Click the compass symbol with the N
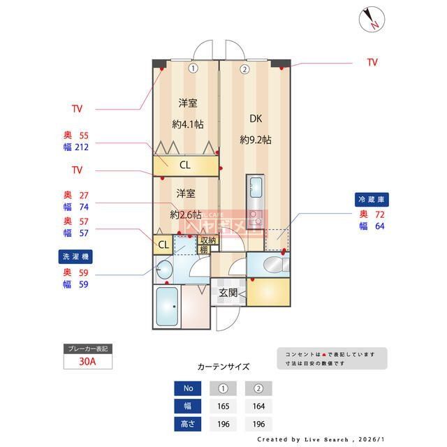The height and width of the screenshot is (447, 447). pyautogui.click(x=371, y=19)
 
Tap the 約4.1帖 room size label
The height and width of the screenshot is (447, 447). pyautogui.click(x=188, y=124)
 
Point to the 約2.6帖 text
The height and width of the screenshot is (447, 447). pyautogui.click(x=186, y=214)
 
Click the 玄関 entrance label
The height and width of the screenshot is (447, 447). pyautogui.click(x=228, y=293)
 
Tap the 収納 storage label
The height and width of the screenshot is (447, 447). pyautogui.click(x=208, y=241)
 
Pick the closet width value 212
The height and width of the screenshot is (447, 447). pyautogui.click(x=82, y=147)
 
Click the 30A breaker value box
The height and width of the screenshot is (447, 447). pyautogui.click(x=87, y=362)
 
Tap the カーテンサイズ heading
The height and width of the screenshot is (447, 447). pyautogui.click(x=223, y=367)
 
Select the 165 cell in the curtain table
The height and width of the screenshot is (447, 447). pyautogui.click(x=223, y=406)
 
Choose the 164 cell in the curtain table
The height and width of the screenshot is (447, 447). pyautogui.click(x=258, y=406)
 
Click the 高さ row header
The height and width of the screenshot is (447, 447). pyautogui.click(x=189, y=423)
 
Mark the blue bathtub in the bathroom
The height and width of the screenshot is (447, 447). pyautogui.click(x=167, y=308)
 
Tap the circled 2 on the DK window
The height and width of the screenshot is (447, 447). pyautogui.click(x=244, y=68)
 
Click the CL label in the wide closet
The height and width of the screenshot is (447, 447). pyautogui.click(x=185, y=166)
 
